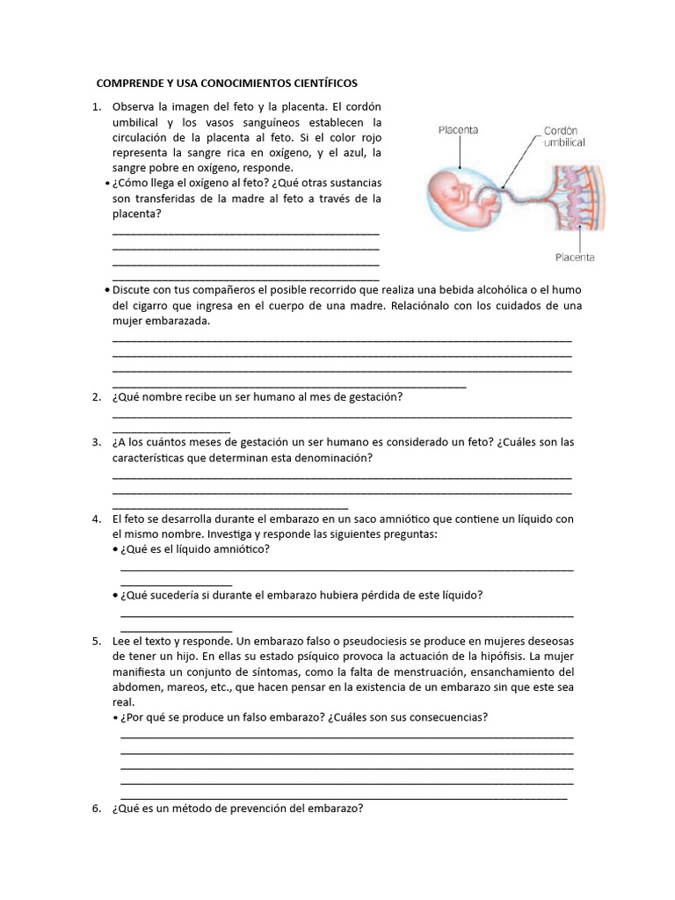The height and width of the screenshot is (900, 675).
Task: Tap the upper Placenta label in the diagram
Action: point(458,130)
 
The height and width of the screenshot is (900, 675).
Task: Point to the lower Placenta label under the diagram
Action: point(575,258)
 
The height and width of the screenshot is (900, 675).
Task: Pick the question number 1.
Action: point(97,106)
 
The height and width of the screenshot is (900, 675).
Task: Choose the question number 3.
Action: point(97,442)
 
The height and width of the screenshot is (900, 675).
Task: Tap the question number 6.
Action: point(97,809)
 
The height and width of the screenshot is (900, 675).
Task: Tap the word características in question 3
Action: point(155,458)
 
